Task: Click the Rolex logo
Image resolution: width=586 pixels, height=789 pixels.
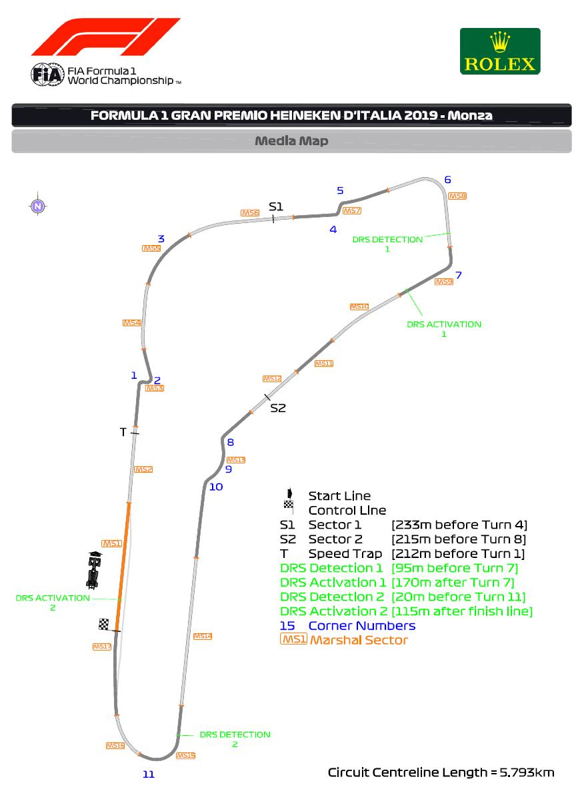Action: click(500, 51)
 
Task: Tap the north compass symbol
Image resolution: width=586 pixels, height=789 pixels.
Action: click(38, 206)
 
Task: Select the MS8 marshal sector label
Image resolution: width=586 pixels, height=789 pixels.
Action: click(457, 196)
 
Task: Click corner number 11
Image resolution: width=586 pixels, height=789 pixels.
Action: click(149, 774)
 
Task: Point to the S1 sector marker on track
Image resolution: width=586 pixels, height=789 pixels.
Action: click(273, 217)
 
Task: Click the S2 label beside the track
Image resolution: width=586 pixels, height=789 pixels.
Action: click(277, 408)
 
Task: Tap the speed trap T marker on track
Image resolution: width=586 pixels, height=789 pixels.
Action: click(134, 433)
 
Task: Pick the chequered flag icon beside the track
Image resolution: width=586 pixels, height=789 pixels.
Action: click(103, 624)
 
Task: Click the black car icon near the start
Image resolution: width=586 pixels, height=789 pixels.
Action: click(93, 571)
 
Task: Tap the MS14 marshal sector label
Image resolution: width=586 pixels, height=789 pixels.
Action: click(203, 636)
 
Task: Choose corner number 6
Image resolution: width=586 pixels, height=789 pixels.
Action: click(447, 180)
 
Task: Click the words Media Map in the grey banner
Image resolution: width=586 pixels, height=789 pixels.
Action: click(291, 141)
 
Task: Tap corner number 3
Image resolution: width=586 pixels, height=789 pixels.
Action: click(161, 239)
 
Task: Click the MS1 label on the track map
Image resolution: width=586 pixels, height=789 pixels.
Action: click(111, 543)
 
